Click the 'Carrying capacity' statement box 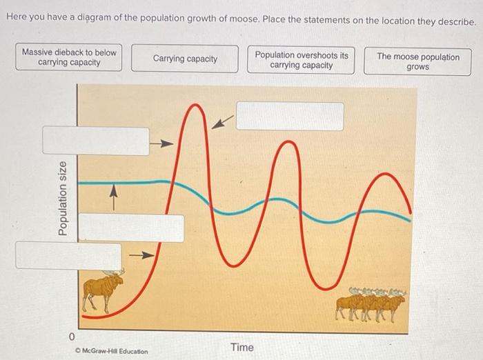[x=185, y=59]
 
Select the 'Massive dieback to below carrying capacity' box [x=69, y=57]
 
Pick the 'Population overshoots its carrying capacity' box [x=301, y=60]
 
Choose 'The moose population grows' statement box [x=417, y=61]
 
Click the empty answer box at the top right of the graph [x=290, y=116]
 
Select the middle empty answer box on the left [x=130, y=228]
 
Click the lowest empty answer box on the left [x=68, y=255]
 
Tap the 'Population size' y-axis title [x=63, y=199]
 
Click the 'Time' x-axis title [x=242, y=347]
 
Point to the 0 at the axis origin [x=71, y=337]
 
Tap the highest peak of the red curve [x=197, y=106]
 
